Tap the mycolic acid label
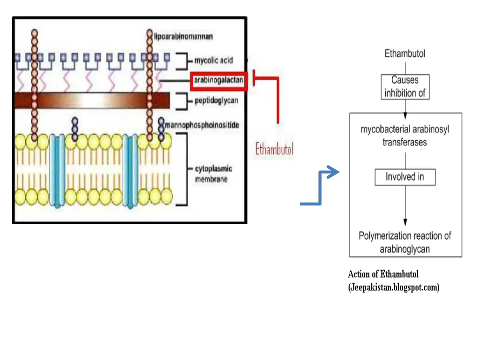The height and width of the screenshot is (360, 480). click(213, 60)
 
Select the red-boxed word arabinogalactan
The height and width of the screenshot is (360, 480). click(218, 81)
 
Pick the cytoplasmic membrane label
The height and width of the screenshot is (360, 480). click(213, 174)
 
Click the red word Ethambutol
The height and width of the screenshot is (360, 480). click(274, 150)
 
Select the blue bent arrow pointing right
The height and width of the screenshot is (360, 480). click(321, 187)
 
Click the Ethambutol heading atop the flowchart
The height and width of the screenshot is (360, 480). click(405, 53)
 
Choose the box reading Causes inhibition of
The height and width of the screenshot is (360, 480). click(405, 87)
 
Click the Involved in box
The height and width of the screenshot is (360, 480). click(405, 177)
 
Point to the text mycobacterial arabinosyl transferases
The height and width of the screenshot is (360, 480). click(405, 135)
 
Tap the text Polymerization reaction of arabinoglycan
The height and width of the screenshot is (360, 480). click(405, 242)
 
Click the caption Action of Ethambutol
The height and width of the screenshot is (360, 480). click(383, 274)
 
